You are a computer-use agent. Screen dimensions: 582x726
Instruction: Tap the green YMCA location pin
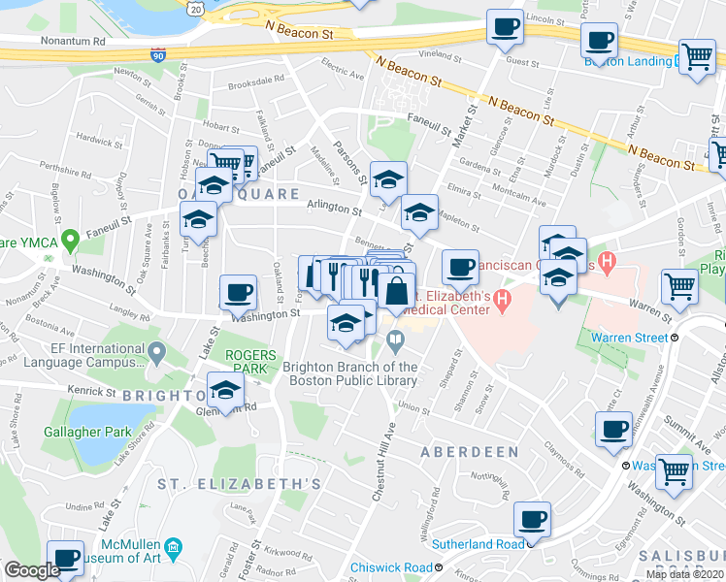[x=70, y=238]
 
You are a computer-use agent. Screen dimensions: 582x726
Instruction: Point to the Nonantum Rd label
[x=74, y=42]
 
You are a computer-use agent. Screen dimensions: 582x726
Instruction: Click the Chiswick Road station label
[x=387, y=566]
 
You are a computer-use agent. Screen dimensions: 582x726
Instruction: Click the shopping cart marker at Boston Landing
[x=697, y=58]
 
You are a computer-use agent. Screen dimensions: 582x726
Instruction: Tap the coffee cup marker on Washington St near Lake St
[x=238, y=292]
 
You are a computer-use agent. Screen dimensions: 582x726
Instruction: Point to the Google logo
[x=33, y=570]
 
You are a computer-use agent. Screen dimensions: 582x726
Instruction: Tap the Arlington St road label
[x=334, y=209]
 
